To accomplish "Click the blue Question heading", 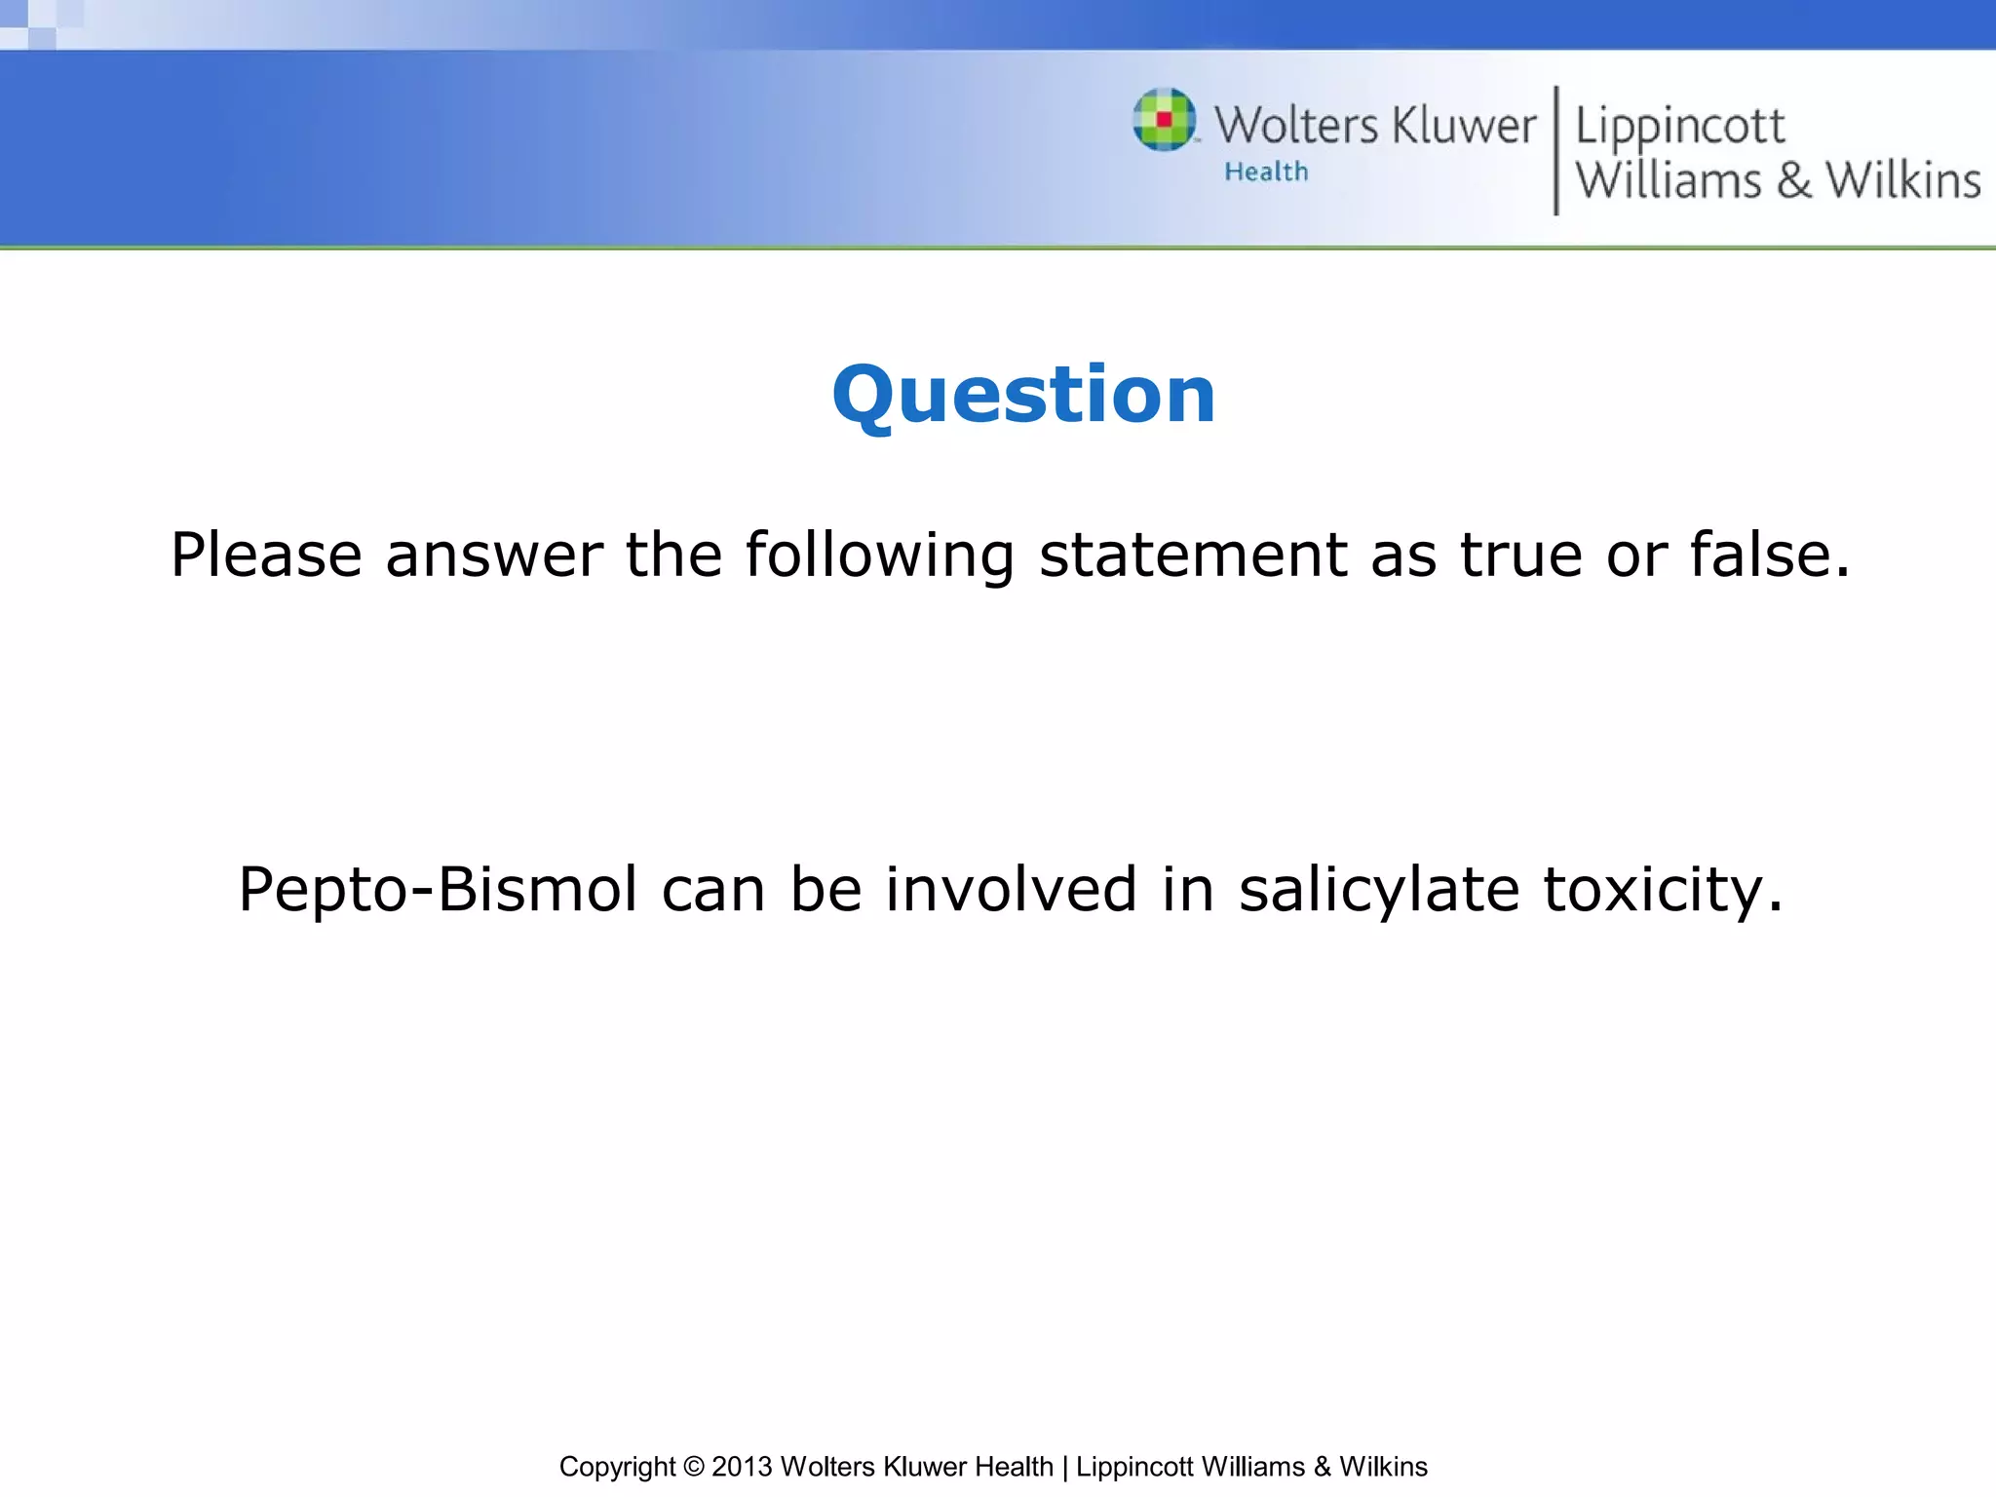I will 1023,395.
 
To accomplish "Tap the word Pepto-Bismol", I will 438,890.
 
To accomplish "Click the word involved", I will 1011,890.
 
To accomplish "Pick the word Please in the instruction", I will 266,556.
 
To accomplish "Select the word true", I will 1520,556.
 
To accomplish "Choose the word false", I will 1768,556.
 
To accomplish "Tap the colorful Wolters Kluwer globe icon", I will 1165,120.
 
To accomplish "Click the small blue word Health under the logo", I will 1266,172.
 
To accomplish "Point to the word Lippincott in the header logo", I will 1679,128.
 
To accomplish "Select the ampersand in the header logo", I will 1793,181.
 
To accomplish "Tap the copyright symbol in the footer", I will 693,1467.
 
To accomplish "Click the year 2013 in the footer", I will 742,1467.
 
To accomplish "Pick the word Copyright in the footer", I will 617,1467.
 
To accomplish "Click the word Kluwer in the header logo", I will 1463,126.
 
